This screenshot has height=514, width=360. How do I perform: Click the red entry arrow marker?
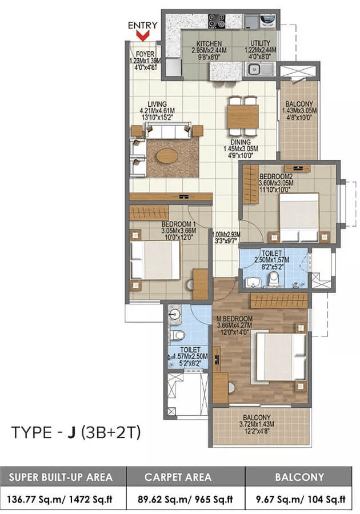(144, 35)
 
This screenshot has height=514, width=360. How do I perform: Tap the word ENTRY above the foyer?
(143, 25)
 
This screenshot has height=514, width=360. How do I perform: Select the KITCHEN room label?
(209, 44)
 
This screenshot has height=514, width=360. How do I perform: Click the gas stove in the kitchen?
(217, 22)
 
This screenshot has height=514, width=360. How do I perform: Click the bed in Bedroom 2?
(299, 216)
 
